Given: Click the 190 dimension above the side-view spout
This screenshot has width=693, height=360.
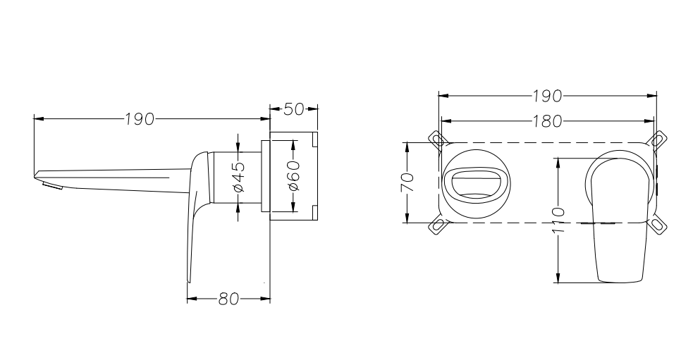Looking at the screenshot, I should tap(140, 119).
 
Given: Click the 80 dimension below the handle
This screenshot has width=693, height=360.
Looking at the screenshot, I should tap(228, 299).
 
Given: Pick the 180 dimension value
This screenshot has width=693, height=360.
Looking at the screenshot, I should tap(546, 121).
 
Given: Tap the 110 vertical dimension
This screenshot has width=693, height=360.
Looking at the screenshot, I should tap(558, 220).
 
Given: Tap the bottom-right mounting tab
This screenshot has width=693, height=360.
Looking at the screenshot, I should tap(659, 225).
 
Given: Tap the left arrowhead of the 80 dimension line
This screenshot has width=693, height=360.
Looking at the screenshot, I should tap(190, 299).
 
